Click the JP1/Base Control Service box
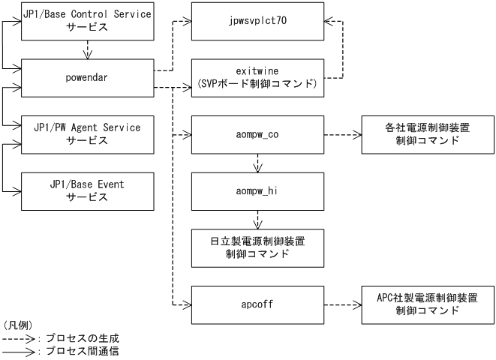(86, 21)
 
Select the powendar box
(86, 76)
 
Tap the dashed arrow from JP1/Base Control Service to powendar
(86, 49)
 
